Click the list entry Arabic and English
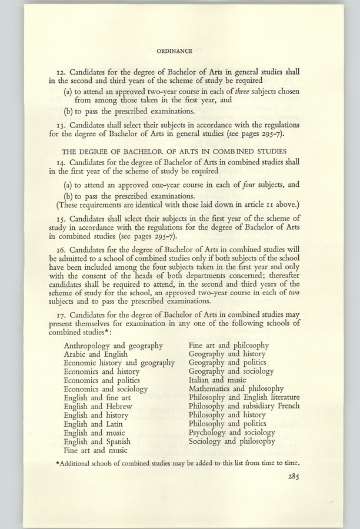(x=98, y=354)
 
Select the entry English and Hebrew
(x=98, y=406)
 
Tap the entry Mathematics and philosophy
(x=236, y=389)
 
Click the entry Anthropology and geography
(x=113, y=346)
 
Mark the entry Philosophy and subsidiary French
(x=244, y=406)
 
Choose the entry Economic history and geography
(x=119, y=363)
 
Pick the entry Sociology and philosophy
(x=231, y=441)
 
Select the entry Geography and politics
(x=224, y=363)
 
